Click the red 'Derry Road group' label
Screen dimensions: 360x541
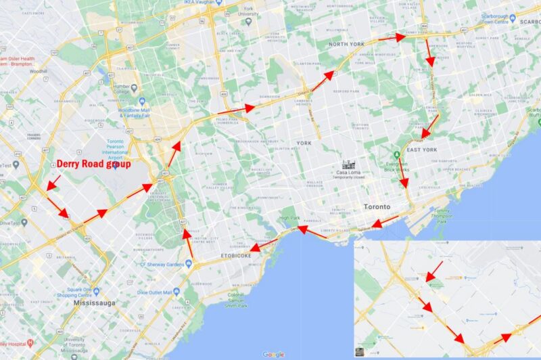pos(93,164)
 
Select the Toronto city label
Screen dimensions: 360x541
pos(377,206)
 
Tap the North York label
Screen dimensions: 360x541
pos(346,45)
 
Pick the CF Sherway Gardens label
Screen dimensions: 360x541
pos(162,264)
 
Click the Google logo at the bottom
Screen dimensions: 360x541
pos(273,354)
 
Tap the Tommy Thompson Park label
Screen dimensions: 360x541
pos(443,215)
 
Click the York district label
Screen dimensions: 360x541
pos(303,143)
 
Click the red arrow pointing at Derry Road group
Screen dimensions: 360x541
pos(53,182)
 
